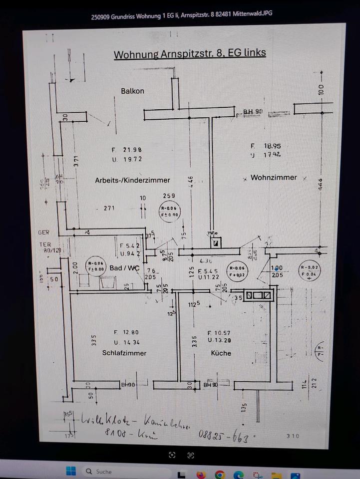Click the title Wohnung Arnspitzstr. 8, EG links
(190, 54)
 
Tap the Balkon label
(132, 91)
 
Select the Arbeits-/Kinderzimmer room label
(132, 180)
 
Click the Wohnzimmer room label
(274, 178)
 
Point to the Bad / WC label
(124, 268)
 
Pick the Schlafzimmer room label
(124, 353)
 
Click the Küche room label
(221, 353)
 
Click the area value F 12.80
(127, 332)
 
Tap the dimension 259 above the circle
(169, 196)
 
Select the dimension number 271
(110, 208)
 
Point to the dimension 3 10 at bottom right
(293, 436)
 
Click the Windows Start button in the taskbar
(71, 471)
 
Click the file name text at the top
(182, 15)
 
